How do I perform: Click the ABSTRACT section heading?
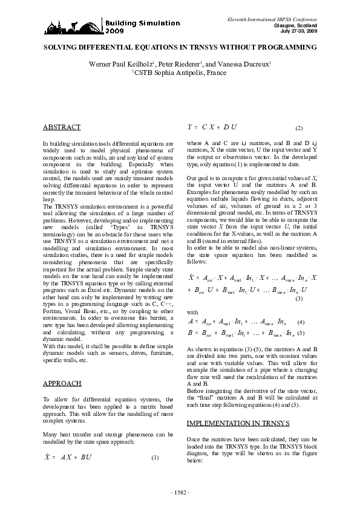(62, 128)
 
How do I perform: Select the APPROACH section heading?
(62, 383)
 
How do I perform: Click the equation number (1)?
(155, 457)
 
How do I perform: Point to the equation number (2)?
(299, 129)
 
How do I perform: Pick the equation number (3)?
(299, 299)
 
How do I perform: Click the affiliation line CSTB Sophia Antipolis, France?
(179, 73)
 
